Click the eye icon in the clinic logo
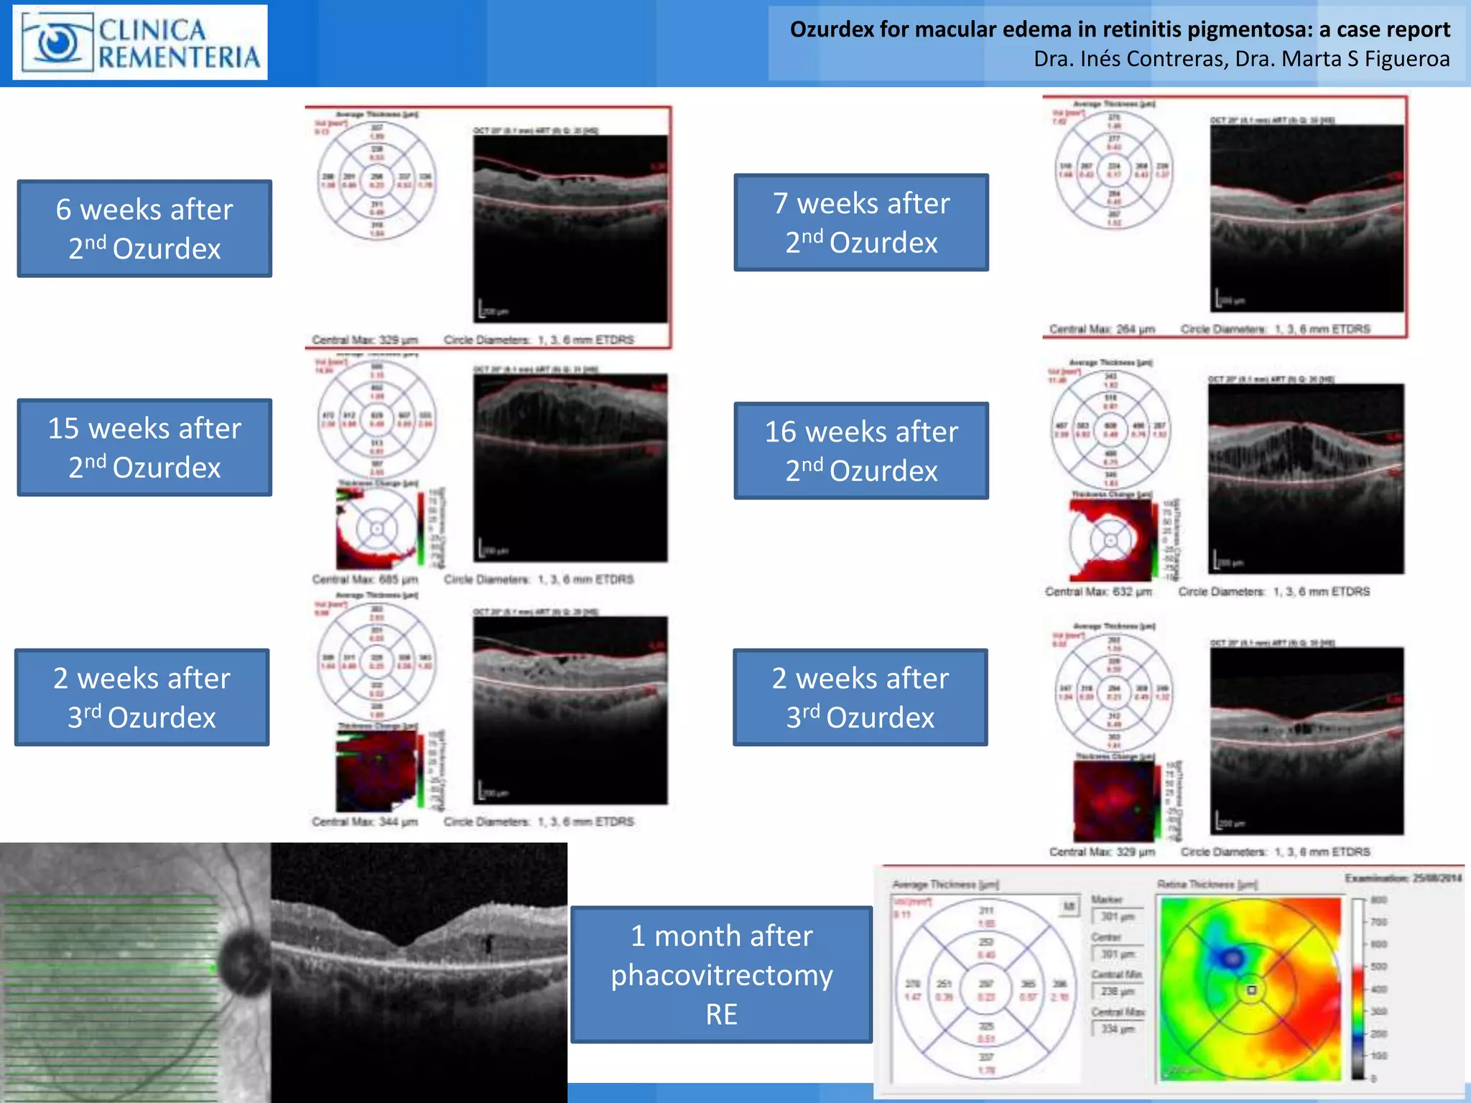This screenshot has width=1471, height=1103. click(x=57, y=42)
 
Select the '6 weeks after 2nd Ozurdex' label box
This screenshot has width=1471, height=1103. click(x=144, y=228)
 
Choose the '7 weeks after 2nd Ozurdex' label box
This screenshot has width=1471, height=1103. click(x=861, y=223)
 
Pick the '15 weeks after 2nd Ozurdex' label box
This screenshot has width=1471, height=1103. click(x=144, y=447)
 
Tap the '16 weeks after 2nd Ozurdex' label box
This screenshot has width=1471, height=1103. click(x=861, y=451)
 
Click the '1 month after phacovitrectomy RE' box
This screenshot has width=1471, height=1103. click(x=721, y=974)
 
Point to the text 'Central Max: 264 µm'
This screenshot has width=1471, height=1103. click(x=1102, y=329)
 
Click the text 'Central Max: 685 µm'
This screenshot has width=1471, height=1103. click(x=365, y=579)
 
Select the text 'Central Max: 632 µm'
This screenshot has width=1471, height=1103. click(x=1098, y=592)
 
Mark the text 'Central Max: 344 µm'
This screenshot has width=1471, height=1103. click(x=365, y=822)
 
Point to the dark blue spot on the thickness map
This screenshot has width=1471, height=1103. click(x=1232, y=957)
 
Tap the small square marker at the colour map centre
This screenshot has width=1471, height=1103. click(x=1252, y=990)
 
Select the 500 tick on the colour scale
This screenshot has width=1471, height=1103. click(x=1378, y=967)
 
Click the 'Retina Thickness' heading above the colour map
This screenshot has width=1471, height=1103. click(x=1207, y=885)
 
